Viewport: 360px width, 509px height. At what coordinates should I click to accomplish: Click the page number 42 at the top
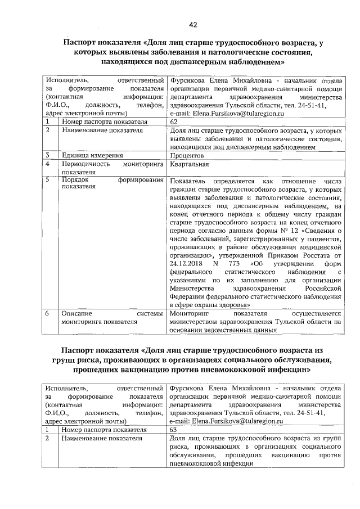coord(193,24)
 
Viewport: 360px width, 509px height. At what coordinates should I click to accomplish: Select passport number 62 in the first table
coord(173,121)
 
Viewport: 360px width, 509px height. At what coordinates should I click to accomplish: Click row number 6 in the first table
coord(49,313)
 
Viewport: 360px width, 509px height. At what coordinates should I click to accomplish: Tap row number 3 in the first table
coord(49,155)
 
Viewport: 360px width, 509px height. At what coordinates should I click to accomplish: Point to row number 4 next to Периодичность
coord(49,164)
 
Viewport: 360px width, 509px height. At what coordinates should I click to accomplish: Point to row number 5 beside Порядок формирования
coord(49,181)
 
